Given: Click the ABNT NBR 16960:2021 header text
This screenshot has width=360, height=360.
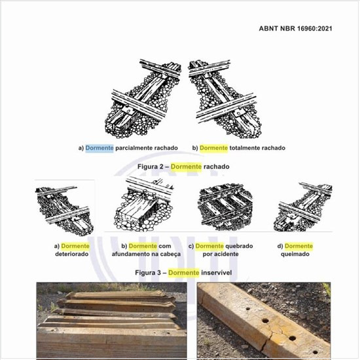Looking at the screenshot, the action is pos(295,28).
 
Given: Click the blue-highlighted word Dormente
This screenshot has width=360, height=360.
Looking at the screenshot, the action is pos(99,148).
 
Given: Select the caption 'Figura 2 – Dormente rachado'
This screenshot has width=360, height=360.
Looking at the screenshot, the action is pos(183,166).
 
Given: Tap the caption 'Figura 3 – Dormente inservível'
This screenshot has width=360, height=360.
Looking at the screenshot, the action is pos(183,272).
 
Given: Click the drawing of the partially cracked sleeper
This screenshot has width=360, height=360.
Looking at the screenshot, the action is pos(143,99).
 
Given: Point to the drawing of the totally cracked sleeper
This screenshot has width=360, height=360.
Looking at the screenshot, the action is pos(225,99).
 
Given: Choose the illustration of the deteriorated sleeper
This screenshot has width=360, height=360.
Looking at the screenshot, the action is pos(65,211).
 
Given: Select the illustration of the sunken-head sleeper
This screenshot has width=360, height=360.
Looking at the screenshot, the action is pos(144,204).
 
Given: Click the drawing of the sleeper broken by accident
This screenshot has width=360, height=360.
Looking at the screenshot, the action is pos(225,207).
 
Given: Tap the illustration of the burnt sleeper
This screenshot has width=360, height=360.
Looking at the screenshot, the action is pos(302,207).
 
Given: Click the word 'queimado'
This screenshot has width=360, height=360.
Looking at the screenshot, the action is pos(295,254).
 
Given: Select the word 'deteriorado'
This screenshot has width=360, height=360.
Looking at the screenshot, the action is pos(71,254).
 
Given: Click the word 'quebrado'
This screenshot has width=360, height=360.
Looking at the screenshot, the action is pos(239,246).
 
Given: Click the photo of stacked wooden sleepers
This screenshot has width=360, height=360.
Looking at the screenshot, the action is pos(111,321).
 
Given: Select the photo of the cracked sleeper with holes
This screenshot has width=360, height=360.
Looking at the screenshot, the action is pos(264,321).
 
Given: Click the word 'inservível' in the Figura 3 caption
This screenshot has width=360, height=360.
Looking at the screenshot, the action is pos(216,272).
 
